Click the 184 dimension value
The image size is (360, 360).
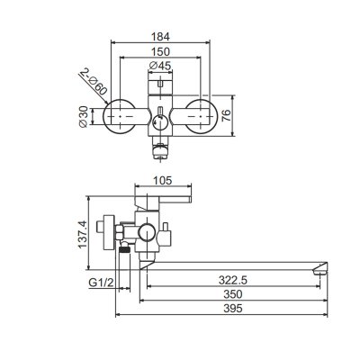click(x=160, y=37)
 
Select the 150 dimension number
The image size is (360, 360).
click(x=160, y=51)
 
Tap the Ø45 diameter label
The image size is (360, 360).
click(x=160, y=66)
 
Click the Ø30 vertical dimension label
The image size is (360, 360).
click(x=83, y=117)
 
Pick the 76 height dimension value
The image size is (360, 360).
click(x=226, y=115)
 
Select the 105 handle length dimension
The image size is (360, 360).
click(x=163, y=181)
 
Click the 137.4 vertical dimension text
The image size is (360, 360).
click(x=83, y=234)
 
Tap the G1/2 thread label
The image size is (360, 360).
click(x=102, y=283)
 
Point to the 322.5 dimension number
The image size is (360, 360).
click(x=233, y=280)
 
